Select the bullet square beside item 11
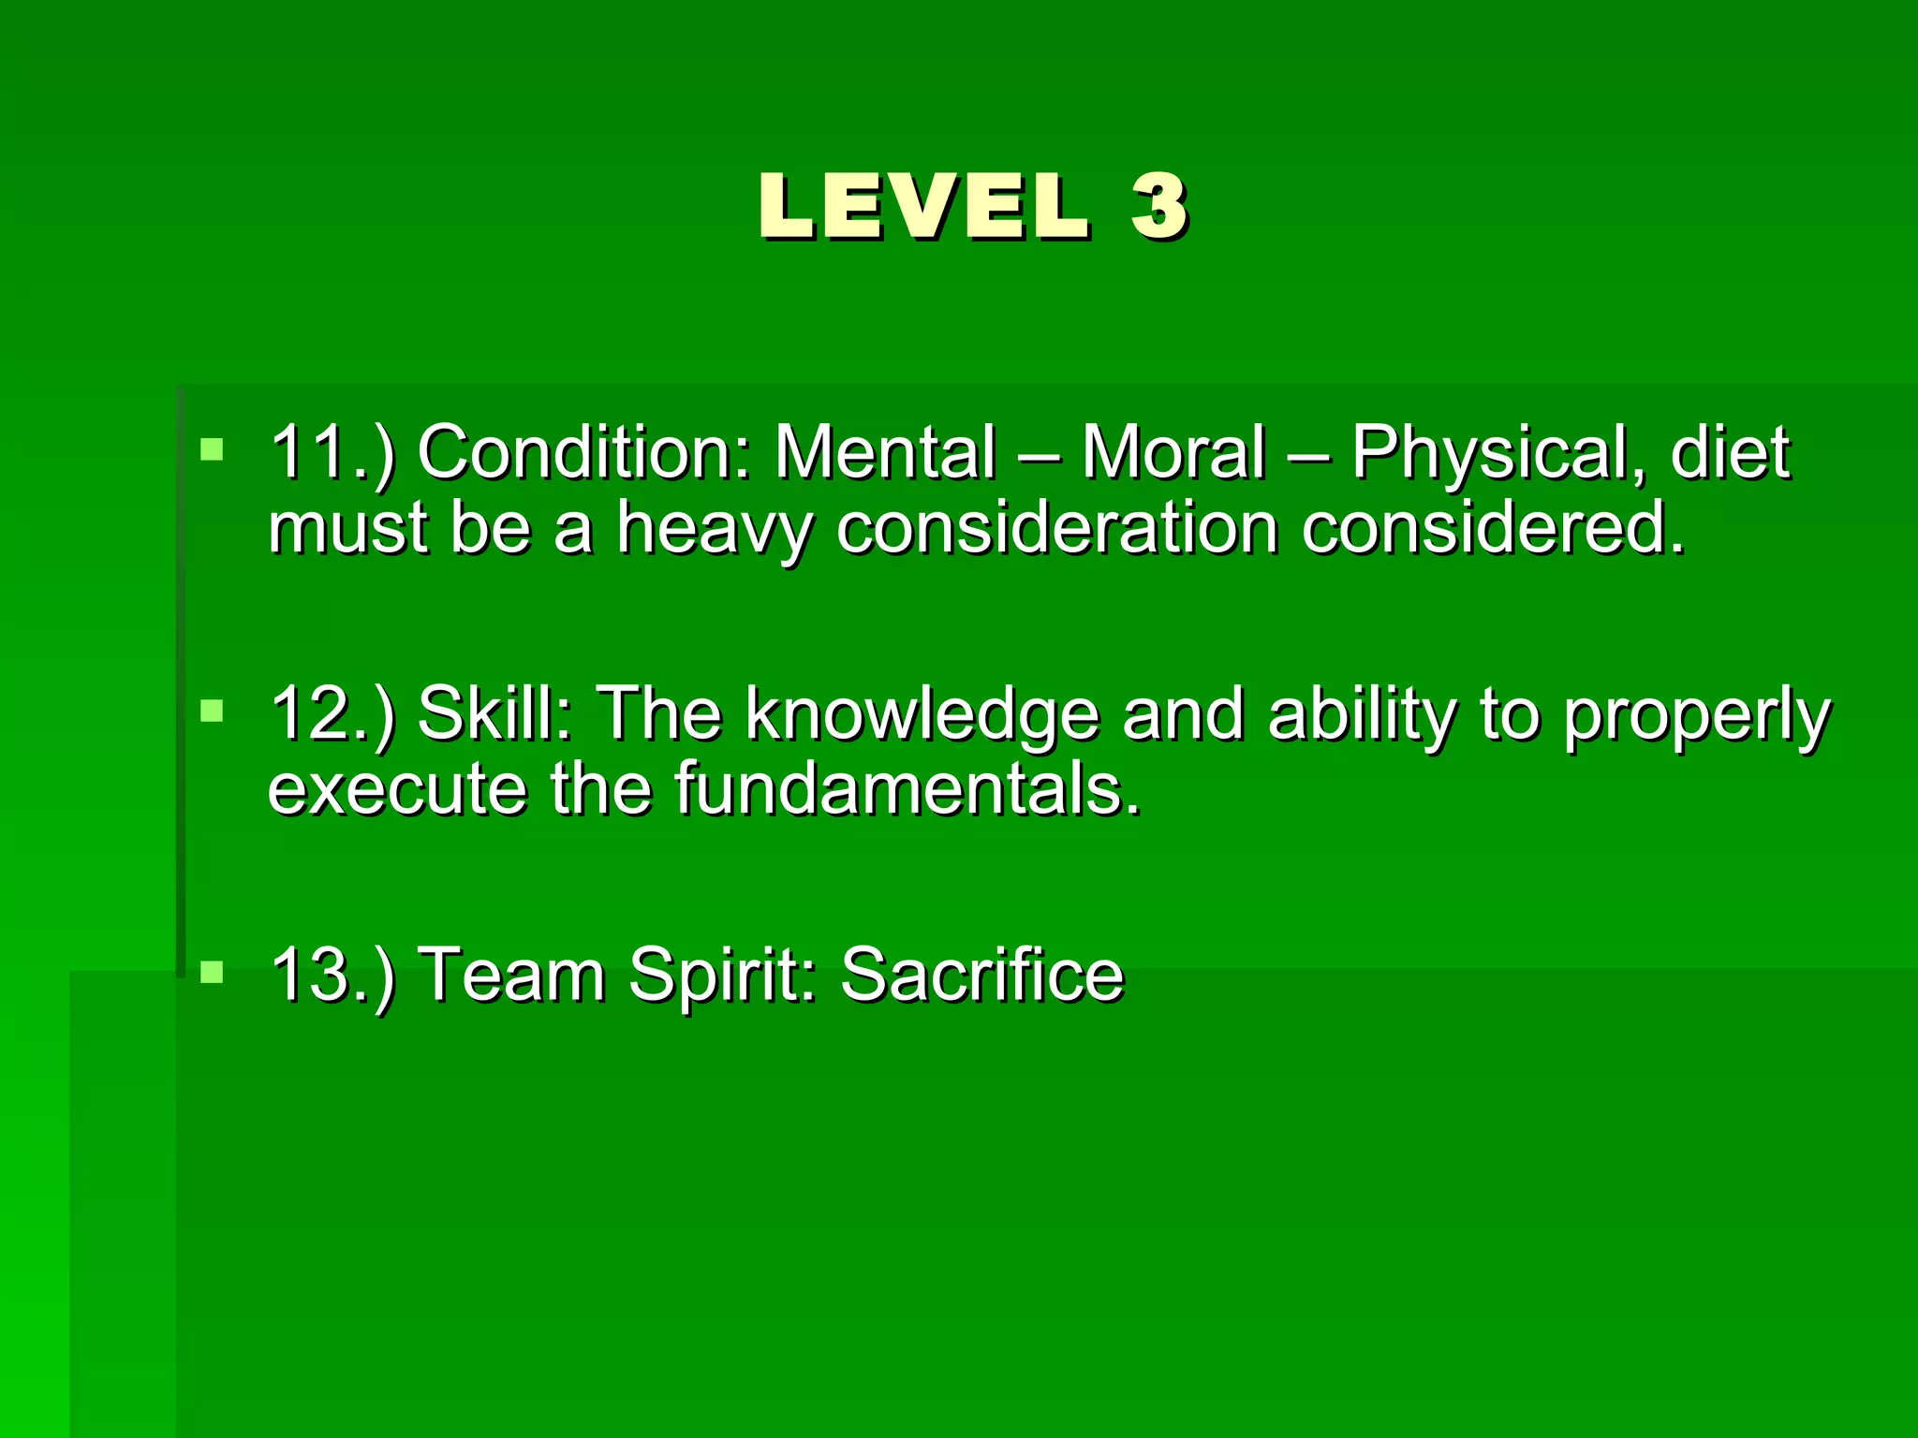[213, 449]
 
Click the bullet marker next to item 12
[213, 712]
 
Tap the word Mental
[884, 453]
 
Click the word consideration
[1057, 528]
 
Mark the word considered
[1493, 528]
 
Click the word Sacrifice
[981, 976]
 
